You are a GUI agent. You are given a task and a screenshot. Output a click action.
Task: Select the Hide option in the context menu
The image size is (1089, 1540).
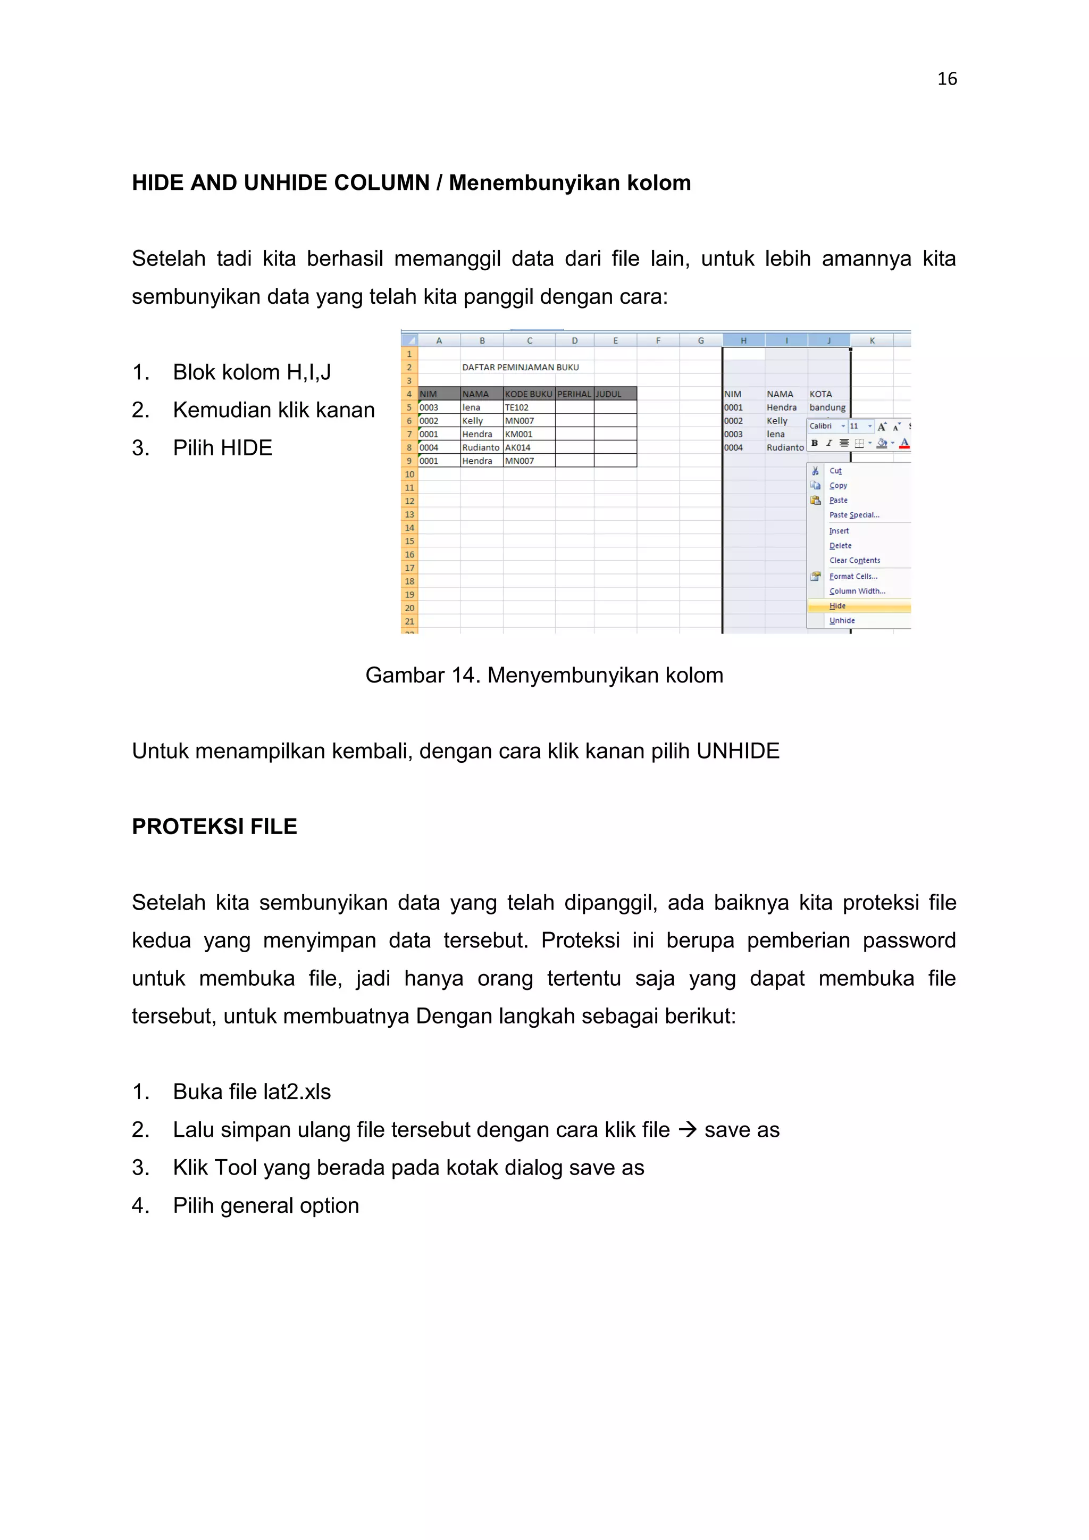[837, 606]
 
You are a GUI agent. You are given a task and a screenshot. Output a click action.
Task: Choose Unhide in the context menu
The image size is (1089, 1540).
[842, 620]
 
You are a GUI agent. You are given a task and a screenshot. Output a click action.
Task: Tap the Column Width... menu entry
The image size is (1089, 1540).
[857, 591]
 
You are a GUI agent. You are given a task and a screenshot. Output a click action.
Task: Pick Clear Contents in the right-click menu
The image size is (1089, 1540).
[855, 560]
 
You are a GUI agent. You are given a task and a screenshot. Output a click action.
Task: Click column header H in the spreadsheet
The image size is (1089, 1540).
[743, 341]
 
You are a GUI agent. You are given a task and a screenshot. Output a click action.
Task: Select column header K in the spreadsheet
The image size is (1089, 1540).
[872, 341]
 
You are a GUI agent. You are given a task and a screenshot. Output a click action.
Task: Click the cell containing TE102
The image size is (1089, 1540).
[517, 407]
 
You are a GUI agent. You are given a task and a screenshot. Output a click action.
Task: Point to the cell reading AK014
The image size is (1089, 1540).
[518, 447]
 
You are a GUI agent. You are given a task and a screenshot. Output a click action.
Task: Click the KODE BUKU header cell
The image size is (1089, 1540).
[529, 394]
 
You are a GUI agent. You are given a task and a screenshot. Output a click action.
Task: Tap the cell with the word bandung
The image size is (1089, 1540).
[827, 407]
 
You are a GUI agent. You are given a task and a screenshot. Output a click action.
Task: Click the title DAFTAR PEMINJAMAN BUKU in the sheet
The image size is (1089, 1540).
[520, 367]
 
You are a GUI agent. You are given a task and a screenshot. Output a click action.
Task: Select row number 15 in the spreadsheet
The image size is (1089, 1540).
[409, 542]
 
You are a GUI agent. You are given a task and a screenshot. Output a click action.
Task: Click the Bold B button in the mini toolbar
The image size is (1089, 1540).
[814, 443]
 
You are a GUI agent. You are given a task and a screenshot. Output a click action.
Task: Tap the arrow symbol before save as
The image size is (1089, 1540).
[688, 1129]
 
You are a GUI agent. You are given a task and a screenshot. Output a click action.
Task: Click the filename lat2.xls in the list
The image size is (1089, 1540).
[297, 1092]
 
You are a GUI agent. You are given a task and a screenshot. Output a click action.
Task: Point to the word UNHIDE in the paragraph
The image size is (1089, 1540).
[738, 751]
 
